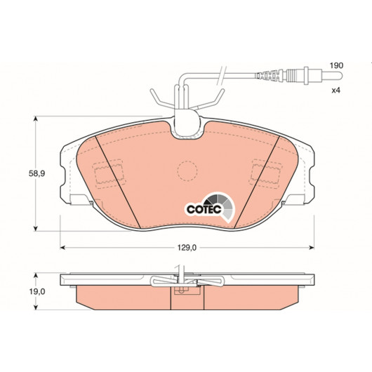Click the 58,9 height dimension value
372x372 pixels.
click(36, 173)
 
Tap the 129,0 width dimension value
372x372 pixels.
click(187, 248)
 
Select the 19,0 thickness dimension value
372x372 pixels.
click(37, 292)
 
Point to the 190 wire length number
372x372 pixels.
click(337, 65)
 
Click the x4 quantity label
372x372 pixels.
click(336, 91)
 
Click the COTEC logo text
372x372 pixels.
click(204, 209)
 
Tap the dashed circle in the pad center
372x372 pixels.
click(187, 171)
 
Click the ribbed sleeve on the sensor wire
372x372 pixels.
click(269, 76)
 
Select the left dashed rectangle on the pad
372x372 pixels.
click(109, 174)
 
